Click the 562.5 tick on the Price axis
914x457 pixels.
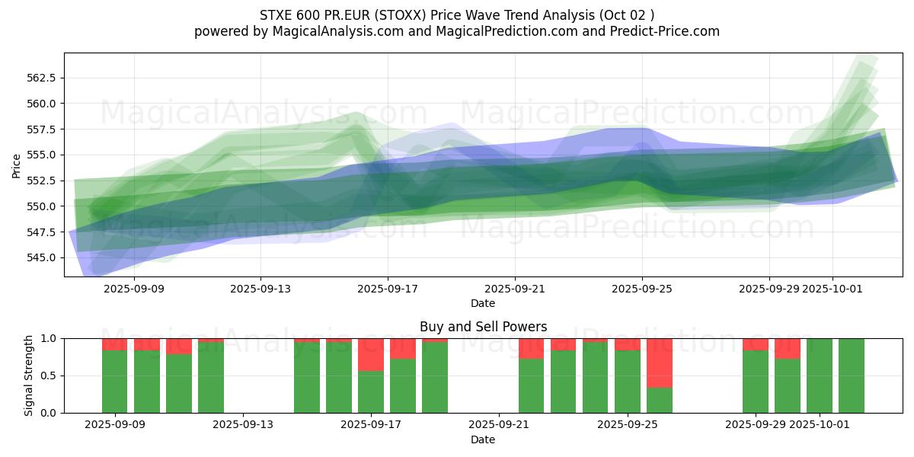pos(43,78)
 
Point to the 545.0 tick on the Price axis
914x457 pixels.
pos(43,257)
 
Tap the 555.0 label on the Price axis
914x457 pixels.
pos(43,155)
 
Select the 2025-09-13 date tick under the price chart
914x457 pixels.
pos(260,289)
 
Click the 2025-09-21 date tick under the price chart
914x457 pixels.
pos(515,289)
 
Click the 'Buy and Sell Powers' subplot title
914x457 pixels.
pos(483,327)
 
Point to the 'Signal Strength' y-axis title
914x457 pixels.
pos(29,376)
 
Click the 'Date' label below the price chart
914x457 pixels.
pos(483,303)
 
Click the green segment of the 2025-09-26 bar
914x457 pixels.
pos(660,401)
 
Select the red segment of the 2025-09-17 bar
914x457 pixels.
pos(371,354)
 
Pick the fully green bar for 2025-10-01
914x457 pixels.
pos(820,376)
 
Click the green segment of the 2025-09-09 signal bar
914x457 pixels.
pos(115,382)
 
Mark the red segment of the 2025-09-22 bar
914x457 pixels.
pos(532,348)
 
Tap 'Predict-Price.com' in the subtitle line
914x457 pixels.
pos(659,31)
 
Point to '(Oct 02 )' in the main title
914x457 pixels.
pos(627,14)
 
